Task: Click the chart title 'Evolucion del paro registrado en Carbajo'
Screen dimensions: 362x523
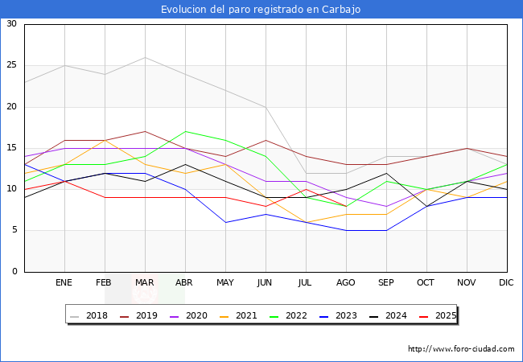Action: (261, 10)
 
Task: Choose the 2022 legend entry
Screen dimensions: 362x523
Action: (288, 315)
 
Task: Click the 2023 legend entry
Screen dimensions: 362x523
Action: (336, 315)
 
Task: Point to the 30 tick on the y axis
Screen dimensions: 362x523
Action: (11, 24)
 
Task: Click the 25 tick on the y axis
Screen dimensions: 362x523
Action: (11, 65)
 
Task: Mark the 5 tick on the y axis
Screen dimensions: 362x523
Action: (14, 231)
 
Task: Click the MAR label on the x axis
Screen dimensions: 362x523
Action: (145, 283)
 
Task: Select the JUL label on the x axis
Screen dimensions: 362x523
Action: (306, 283)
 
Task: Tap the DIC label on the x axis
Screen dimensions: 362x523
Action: (507, 283)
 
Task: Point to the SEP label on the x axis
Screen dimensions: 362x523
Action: (386, 283)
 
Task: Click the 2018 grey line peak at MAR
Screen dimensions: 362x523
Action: (145, 57)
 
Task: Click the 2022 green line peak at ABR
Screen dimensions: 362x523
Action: (185, 131)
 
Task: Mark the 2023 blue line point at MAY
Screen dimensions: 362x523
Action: (225, 222)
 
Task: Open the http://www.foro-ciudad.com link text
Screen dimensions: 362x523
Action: (461, 349)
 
